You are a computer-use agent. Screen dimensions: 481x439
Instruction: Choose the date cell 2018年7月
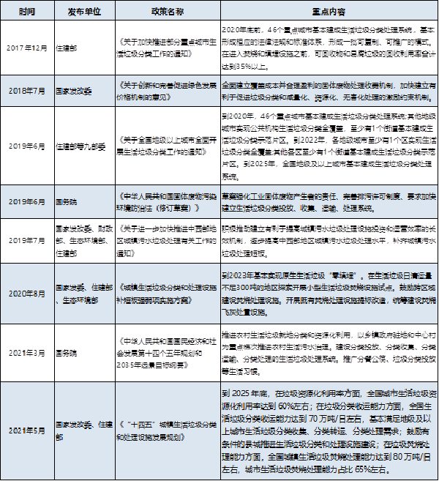pos(26,91)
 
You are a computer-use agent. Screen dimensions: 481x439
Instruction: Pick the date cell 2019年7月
pos(26,239)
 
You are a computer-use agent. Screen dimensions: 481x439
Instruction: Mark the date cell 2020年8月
pos(26,293)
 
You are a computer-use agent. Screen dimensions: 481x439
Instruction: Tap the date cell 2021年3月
pos(26,351)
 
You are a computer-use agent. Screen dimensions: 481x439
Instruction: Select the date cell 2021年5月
pos(26,429)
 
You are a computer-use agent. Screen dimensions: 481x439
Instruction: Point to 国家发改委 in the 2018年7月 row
pos(77,91)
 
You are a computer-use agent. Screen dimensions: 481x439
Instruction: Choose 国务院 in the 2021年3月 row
pos(67,351)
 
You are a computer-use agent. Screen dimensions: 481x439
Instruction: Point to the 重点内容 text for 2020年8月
pos(327,293)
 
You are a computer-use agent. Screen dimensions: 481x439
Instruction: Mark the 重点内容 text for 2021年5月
pos(327,429)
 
